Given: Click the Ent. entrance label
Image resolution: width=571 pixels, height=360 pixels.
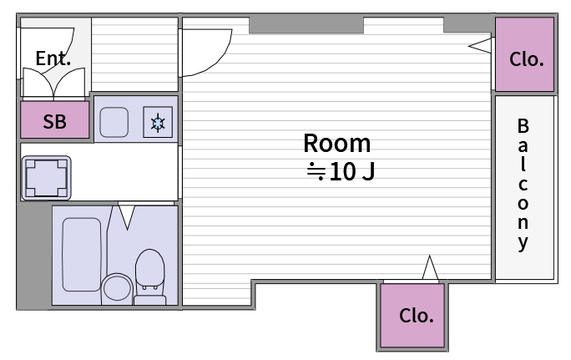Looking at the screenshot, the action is (53, 58).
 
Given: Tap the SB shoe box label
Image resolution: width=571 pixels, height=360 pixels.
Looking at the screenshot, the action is (54, 121).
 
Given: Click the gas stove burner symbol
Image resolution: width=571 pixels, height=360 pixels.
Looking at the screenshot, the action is (158, 123).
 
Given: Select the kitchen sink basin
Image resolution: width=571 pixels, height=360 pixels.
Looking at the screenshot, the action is (114, 122).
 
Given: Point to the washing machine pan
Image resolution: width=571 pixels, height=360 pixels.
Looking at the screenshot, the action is (46, 178).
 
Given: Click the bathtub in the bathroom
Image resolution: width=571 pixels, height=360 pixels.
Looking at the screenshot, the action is (82, 255).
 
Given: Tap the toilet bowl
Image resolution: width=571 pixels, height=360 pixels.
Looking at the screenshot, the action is (149, 269).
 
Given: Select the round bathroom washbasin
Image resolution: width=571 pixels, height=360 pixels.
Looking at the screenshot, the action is (117, 288).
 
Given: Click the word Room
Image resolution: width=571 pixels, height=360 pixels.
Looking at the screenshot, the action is (337, 143).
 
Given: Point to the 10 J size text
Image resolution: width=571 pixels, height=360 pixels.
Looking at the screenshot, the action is (341, 171).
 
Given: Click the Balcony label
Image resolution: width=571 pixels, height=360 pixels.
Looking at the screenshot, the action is (523, 185).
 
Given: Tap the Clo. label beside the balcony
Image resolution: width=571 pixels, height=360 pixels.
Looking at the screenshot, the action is (527, 59).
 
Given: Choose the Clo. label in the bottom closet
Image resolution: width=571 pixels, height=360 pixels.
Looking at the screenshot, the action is (417, 316).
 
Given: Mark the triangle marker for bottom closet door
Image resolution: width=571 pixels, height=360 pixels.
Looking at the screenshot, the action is (430, 268).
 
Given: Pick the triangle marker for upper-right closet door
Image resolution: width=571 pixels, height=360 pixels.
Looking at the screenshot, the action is (480, 46).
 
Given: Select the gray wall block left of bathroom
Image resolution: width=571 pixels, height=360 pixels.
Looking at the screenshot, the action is (34, 255).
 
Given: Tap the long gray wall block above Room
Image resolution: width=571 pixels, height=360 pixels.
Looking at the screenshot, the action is (306, 25).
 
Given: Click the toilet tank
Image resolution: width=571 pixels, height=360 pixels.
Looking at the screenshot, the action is (150, 300).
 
